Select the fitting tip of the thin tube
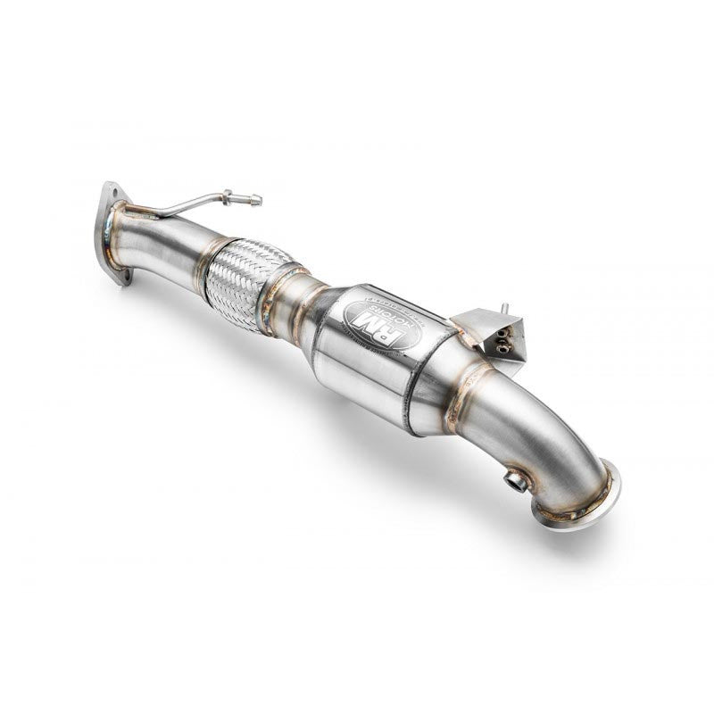click(x=258, y=200)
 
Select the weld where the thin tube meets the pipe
click(x=134, y=212)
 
